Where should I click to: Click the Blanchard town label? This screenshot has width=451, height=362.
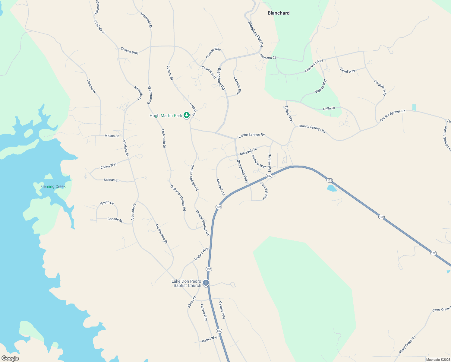(x=279, y=13)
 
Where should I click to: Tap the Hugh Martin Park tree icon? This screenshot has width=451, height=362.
(x=187, y=115)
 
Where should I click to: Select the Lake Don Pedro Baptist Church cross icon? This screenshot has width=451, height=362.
(x=206, y=283)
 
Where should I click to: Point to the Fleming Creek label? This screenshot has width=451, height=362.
(x=53, y=186)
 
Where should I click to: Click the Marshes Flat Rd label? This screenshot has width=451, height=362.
(x=255, y=34)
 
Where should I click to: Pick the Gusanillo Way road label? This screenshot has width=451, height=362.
(x=242, y=171)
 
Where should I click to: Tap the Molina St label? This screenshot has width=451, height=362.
(x=112, y=136)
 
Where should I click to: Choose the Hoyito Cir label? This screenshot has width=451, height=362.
(x=107, y=203)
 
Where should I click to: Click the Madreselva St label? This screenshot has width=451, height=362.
(x=161, y=233)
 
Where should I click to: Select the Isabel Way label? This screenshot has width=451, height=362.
(x=210, y=339)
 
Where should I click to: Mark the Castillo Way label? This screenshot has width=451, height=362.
(x=222, y=310)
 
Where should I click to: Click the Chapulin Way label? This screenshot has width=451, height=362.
(x=380, y=88)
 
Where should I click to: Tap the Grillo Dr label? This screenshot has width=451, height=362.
(x=329, y=108)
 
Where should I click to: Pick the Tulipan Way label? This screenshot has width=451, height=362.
(x=289, y=114)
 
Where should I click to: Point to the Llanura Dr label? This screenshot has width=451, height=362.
(x=91, y=86)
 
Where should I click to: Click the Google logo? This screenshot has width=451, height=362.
(x=10, y=358)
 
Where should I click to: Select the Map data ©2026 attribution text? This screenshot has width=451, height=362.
(x=438, y=360)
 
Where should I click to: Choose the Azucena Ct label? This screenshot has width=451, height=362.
(x=268, y=57)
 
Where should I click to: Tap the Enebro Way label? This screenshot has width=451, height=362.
(x=201, y=254)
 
